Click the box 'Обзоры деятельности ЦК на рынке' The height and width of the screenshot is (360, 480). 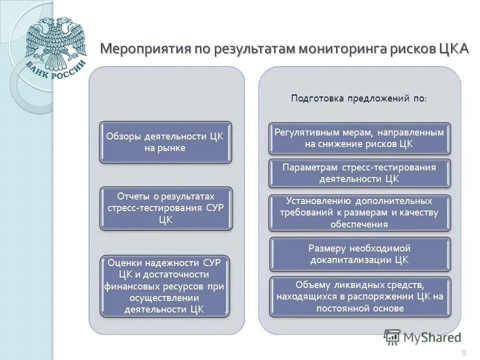[165, 142]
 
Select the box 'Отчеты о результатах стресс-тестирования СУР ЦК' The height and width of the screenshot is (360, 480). [166, 208]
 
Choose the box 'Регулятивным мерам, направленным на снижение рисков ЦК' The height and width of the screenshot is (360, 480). [359, 138]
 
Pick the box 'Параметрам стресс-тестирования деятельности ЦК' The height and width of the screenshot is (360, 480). [359, 173]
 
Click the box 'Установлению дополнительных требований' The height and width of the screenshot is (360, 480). [359, 212]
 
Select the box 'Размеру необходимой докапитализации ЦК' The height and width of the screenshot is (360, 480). [359, 254]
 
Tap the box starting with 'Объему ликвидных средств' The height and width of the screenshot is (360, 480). [359, 296]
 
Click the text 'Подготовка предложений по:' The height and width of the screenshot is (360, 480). [358, 98]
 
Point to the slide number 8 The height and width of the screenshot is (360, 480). [463, 353]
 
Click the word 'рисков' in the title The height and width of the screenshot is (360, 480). [412, 49]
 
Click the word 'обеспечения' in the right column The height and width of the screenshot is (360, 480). [359, 224]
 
